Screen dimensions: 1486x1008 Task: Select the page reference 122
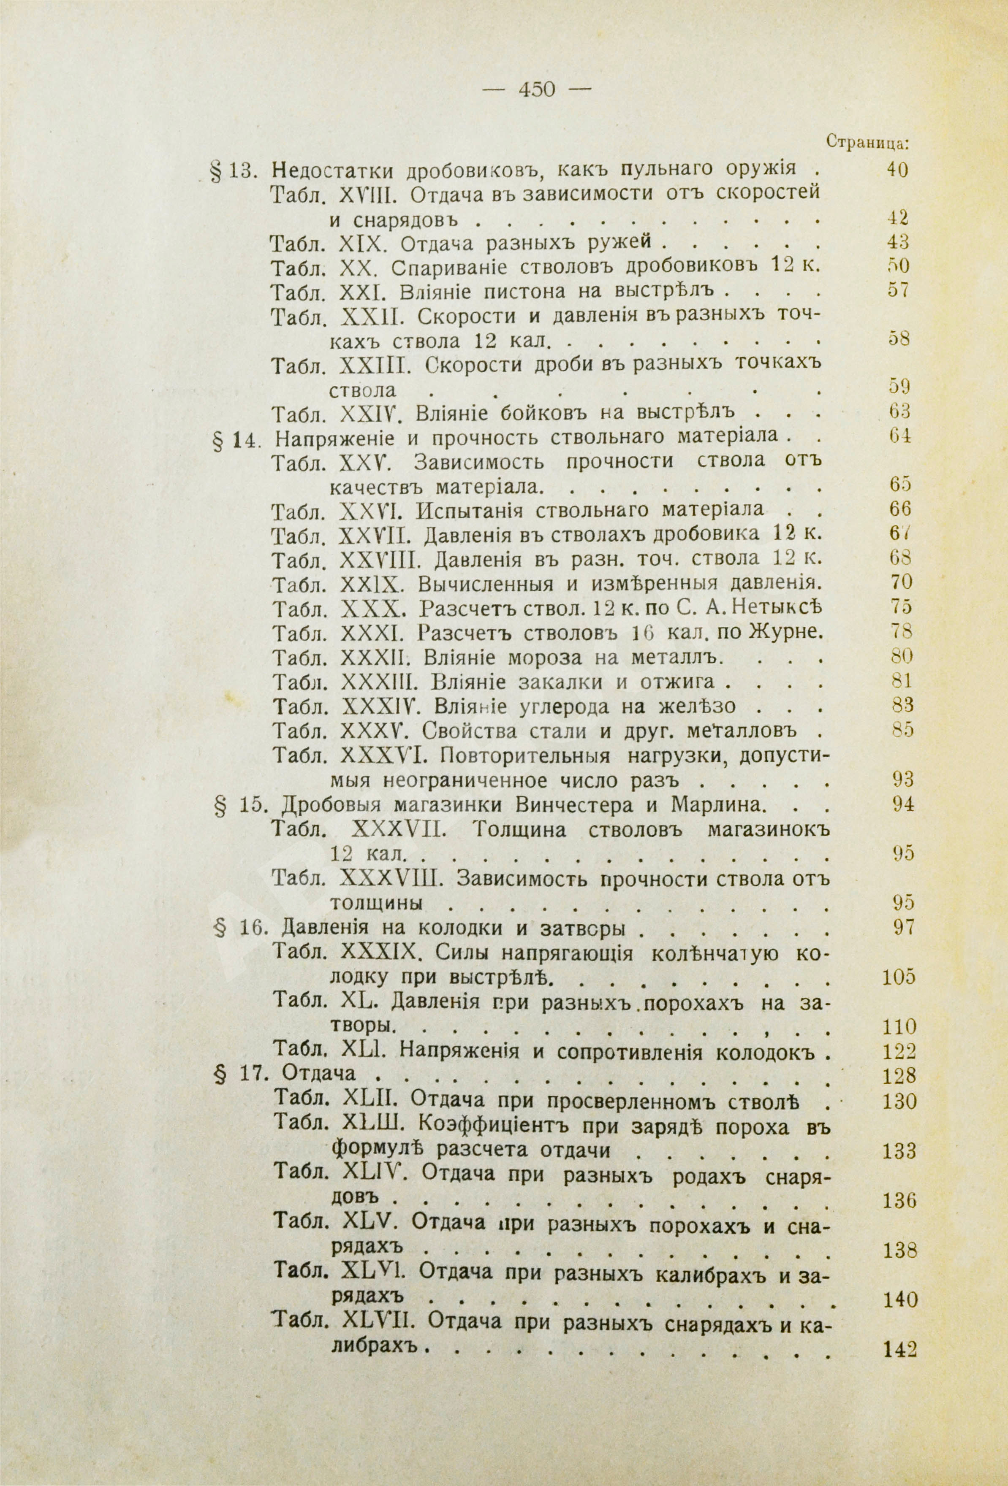point(899,1052)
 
